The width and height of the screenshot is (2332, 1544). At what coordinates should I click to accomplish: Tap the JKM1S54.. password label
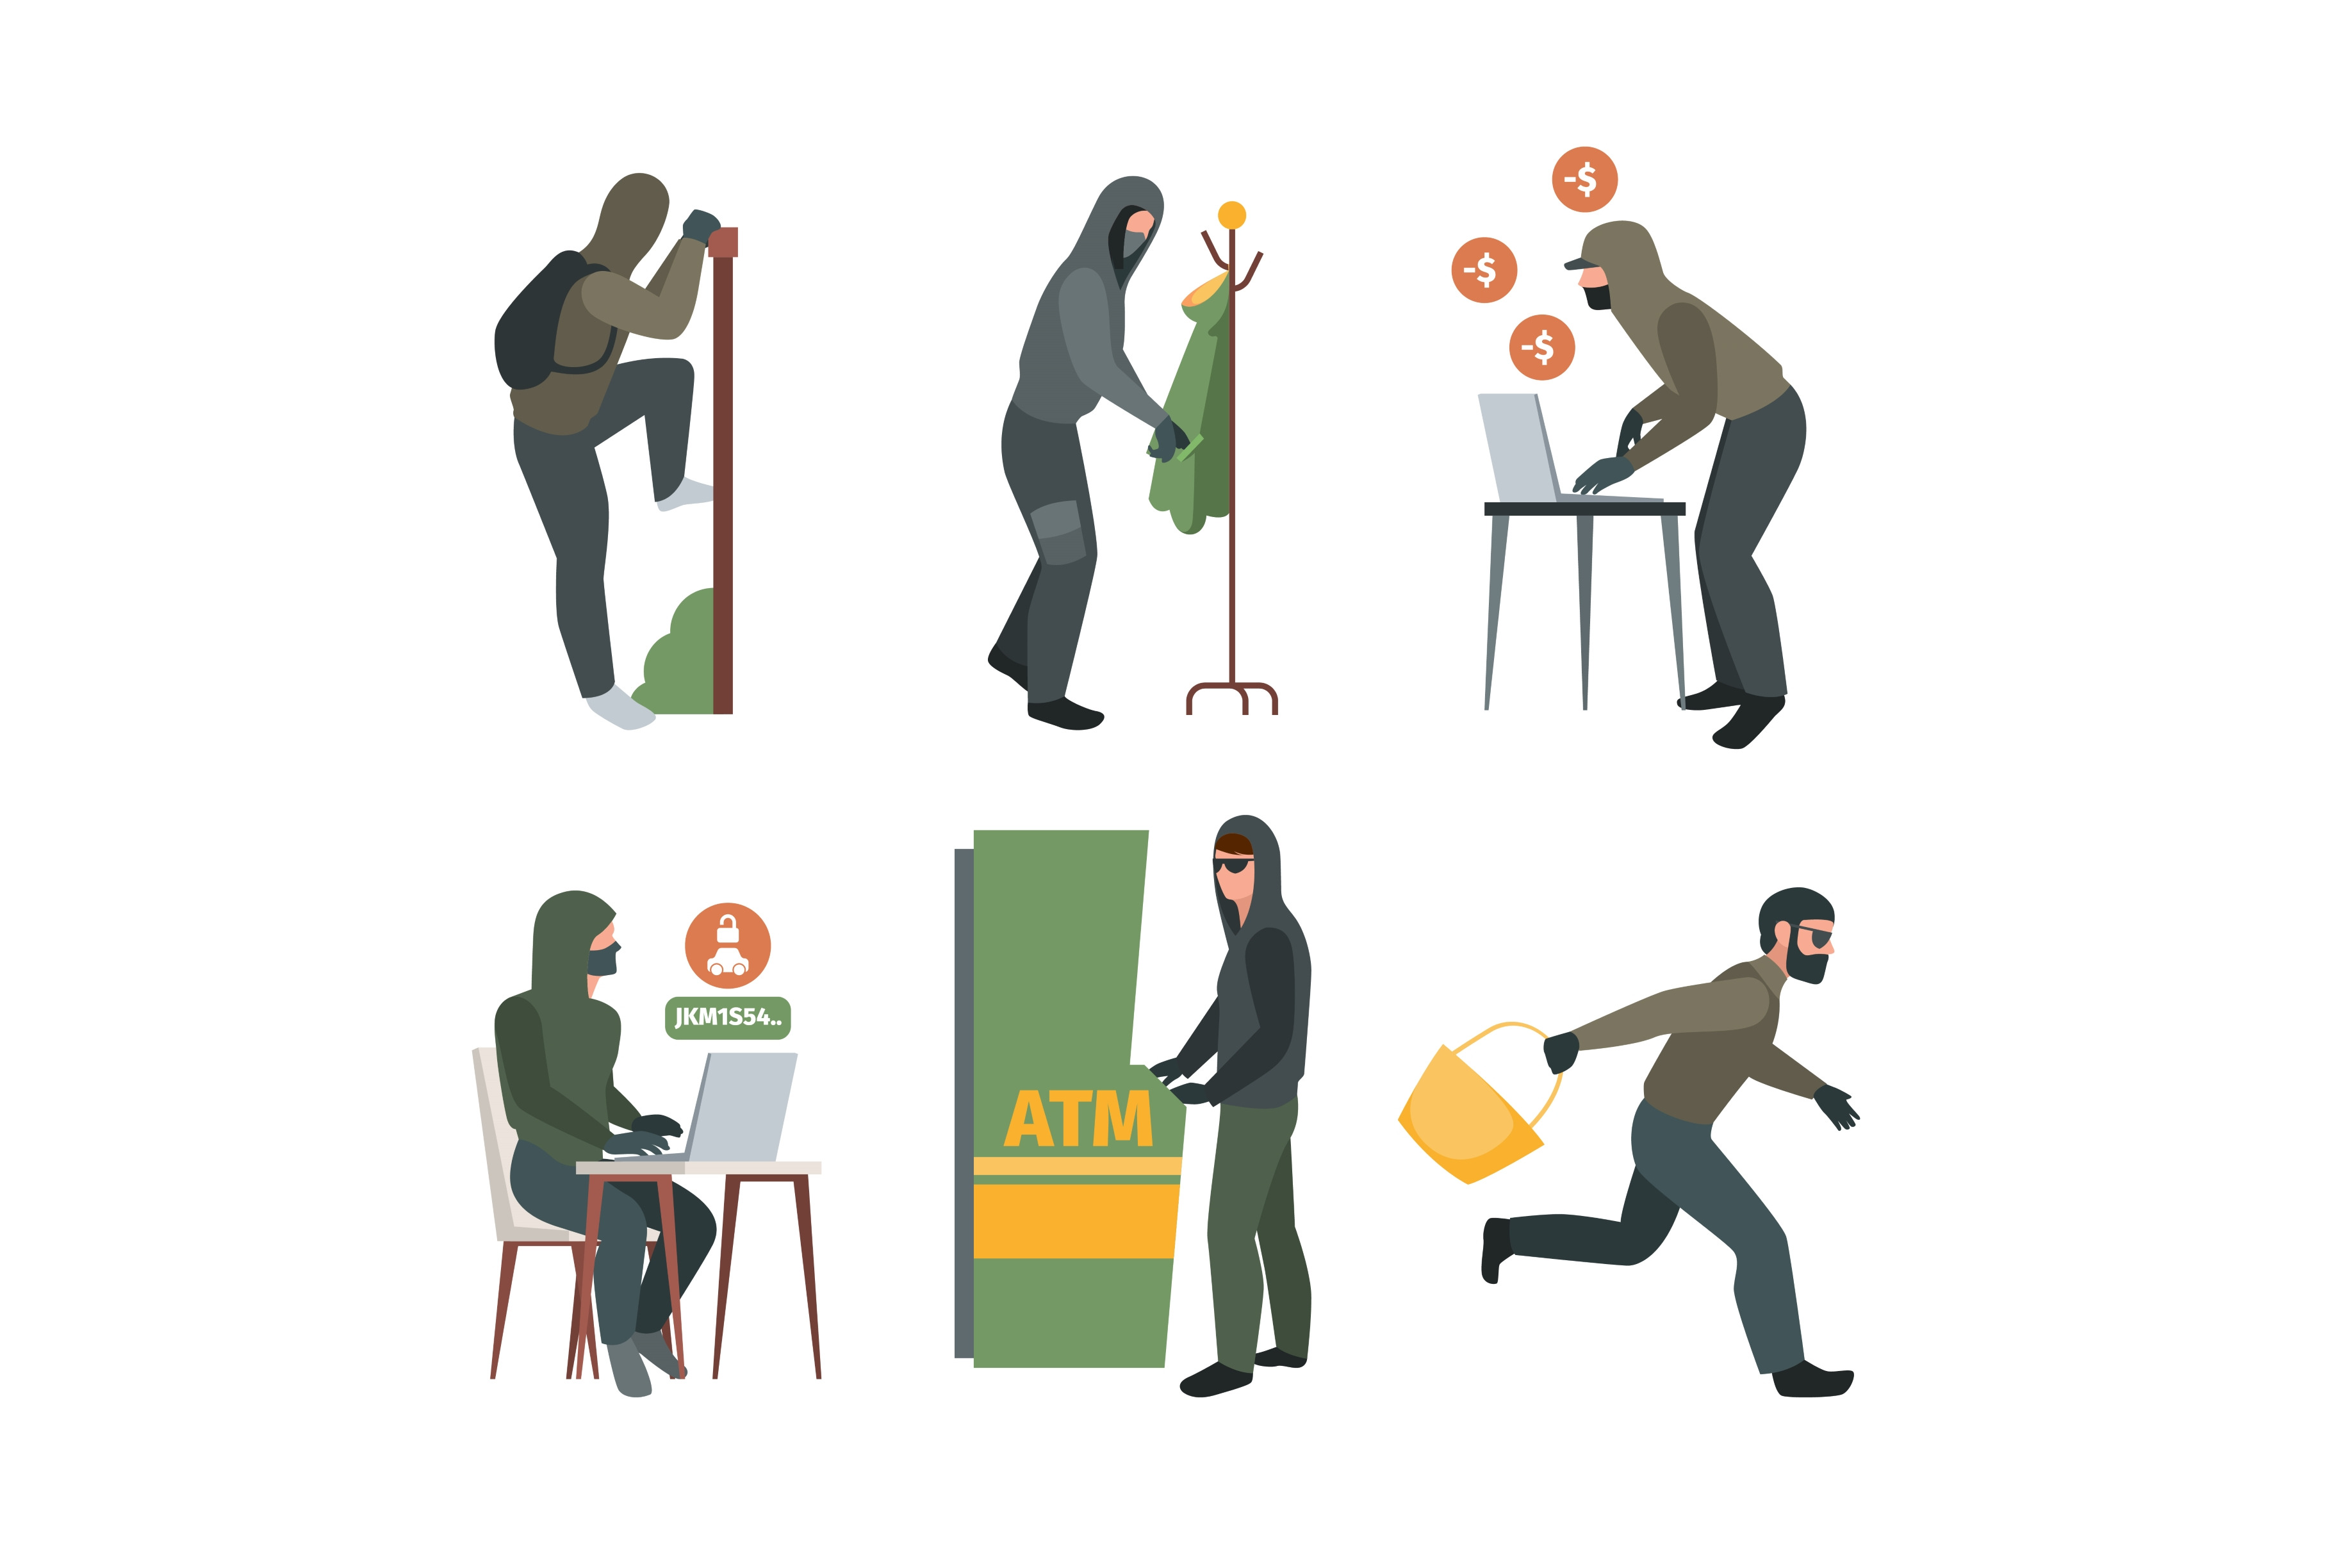[x=727, y=1017]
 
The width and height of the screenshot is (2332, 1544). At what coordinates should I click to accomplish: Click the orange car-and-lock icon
[x=727, y=946]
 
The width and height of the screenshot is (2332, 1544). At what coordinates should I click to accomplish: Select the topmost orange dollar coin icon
[x=1584, y=179]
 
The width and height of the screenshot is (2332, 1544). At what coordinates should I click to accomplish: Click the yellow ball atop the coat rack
[x=1231, y=215]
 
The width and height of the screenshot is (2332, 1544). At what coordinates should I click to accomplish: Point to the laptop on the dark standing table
[x=1521, y=448]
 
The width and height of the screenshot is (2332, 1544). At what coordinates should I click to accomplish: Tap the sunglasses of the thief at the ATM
[x=1233, y=864]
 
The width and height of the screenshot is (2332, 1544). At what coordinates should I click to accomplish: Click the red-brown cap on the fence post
[x=723, y=242]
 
